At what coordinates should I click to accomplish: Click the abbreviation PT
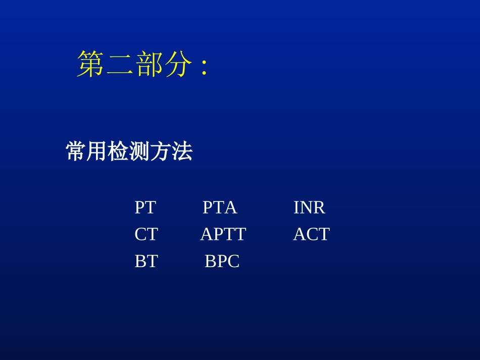coord(145,208)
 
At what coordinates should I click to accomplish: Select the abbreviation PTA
coord(220,208)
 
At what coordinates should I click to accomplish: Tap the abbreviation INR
coord(309,208)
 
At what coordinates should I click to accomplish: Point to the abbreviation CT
coord(146,234)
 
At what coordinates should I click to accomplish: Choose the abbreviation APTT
coord(223,234)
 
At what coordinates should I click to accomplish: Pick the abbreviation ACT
coord(311,234)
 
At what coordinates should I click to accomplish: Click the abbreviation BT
coord(146,262)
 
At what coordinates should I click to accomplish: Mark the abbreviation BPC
coord(222,262)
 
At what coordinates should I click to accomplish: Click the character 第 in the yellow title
coord(91,65)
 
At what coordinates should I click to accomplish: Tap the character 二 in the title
coord(120,65)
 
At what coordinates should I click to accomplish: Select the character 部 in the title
coord(150,65)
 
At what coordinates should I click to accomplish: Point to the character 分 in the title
coord(178,65)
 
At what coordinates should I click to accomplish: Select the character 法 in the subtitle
coord(182,151)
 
